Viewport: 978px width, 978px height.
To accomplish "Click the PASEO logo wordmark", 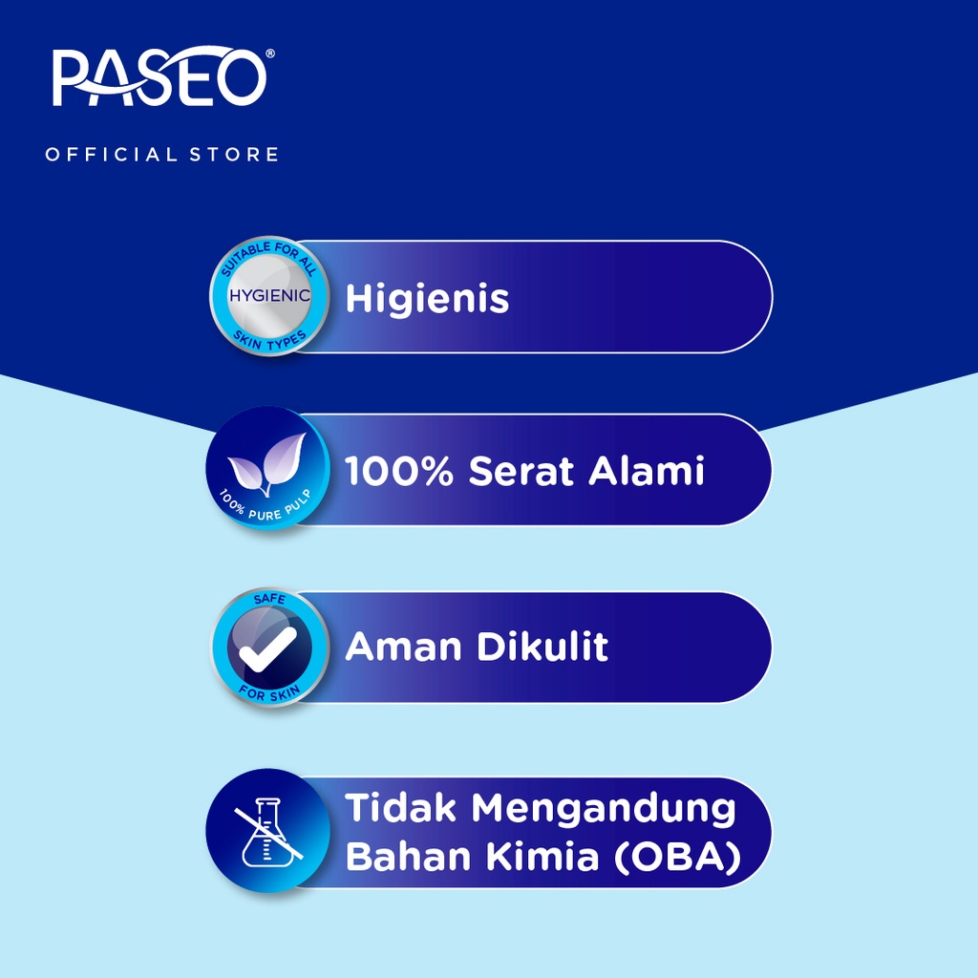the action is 159,76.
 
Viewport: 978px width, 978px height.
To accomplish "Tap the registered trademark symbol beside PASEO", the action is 270,54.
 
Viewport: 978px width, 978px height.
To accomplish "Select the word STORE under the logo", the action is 234,154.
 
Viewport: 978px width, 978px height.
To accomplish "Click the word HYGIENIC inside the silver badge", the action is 269,296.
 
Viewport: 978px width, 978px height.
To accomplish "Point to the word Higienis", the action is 427,298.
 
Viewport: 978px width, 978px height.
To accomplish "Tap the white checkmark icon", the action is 268,649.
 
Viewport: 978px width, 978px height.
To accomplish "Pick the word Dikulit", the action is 542,646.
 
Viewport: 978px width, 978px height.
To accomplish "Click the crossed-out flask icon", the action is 268,832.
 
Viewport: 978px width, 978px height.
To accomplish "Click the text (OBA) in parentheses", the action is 678,857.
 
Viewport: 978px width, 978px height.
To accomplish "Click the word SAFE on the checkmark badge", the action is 269,600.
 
